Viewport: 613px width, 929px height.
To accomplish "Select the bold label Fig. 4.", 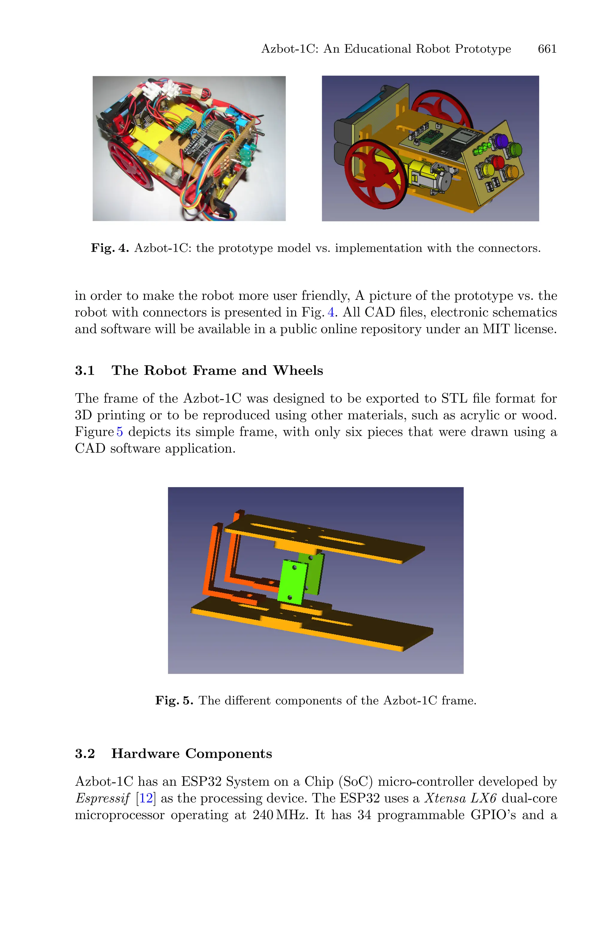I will tap(110, 248).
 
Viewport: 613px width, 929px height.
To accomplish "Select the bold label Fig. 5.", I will tap(174, 700).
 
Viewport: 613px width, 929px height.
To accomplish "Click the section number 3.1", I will tap(85, 371).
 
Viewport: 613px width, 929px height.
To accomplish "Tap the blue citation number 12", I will tap(146, 798).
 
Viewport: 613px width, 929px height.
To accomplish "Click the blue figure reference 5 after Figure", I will tap(120, 432).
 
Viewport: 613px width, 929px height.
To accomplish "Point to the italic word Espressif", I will tap(102, 799).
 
